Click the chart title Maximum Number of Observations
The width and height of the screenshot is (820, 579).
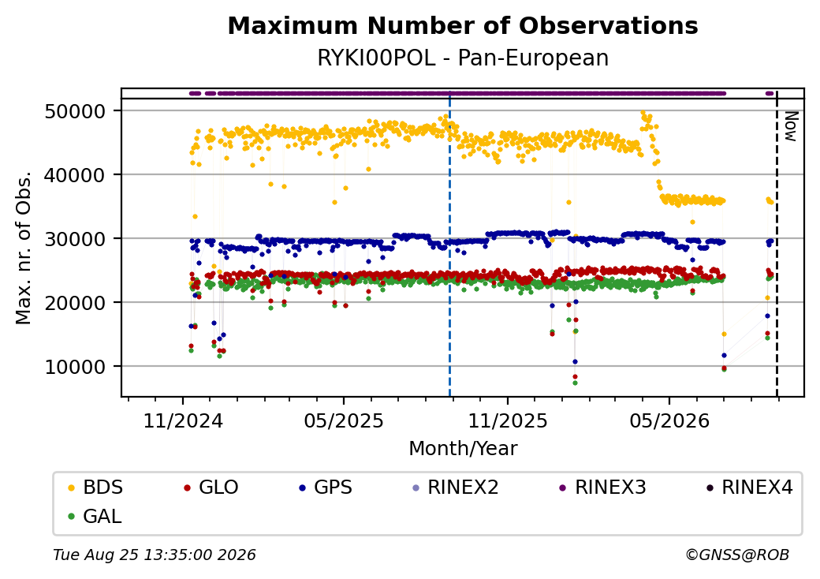pyautogui.click(x=463, y=25)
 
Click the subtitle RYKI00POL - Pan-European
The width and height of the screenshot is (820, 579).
pyautogui.click(x=463, y=58)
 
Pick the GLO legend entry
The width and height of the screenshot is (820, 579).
pyautogui.click(x=211, y=487)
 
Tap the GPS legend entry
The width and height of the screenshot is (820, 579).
pyautogui.click(x=326, y=487)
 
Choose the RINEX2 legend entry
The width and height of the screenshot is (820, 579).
pyautogui.click(x=456, y=487)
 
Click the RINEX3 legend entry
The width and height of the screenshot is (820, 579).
pyautogui.click(x=603, y=487)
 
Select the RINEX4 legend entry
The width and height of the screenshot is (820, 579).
pyautogui.click(x=749, y=487)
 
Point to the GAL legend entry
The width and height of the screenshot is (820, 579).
pyautogui.click(x=95, y=516)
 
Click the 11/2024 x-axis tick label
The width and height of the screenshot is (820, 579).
pyautogui.click(x=183, y=420)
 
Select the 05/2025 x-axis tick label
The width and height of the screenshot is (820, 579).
pyautogui.click(x=344, y=420)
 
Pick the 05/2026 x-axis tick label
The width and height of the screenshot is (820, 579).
pyautogui.click(x=669, y=420)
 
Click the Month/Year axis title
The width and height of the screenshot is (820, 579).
pyautogui.click(x=463, y=448)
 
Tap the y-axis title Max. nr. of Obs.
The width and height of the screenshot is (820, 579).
pyautogui.click(x=24, y=248)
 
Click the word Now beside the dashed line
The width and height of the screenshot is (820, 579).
pyautogui.click(x=791, y=126)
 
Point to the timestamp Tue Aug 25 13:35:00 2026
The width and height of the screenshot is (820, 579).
pyautogui.click(x=155, y=555)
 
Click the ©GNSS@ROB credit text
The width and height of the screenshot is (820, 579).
pyautogui.click(x=737, y=555)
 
